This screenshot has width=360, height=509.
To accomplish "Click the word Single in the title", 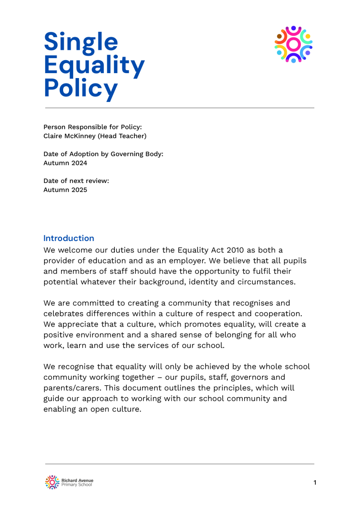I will tap(81, 43).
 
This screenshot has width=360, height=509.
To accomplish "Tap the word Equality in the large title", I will tap(94, 66).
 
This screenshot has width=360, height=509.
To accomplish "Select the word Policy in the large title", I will tap(81, 88).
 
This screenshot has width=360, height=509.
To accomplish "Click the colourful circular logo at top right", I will tap(293, 45).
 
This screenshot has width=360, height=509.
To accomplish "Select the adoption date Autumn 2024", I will tap(65, 163).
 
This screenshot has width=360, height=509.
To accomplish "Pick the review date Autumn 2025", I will tap(65, 189).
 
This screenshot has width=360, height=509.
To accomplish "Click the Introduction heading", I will tap(69, 238).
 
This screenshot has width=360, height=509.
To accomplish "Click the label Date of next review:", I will tap(76, 180).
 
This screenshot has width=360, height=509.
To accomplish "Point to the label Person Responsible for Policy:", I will tap(92, 127).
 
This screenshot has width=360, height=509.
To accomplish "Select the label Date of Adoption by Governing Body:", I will tap(103, 154).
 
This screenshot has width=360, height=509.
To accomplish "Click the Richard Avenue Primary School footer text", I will tap(77, 482).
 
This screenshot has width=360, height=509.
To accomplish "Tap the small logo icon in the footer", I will tap(52, 482).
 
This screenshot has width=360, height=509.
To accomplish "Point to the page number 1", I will tap(315, 482).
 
